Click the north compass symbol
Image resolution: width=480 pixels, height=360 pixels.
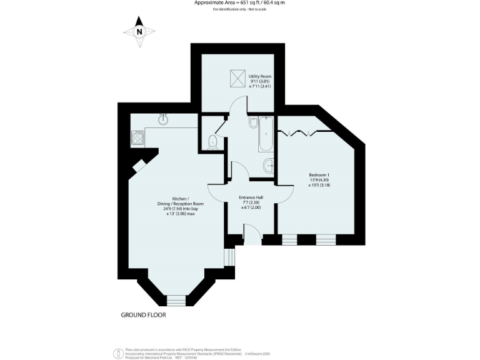(140, 31)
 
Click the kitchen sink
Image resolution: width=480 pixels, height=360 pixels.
(164, 118)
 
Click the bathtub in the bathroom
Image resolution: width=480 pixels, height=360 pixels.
(265, 135)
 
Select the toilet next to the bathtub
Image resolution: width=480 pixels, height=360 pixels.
(253, 124)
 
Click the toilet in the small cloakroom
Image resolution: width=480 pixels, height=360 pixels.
(212, 141)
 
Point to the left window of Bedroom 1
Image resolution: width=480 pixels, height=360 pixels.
(289, 239)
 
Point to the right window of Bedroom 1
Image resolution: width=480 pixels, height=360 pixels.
(325, 239)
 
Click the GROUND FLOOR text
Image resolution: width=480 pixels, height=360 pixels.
(143, 315)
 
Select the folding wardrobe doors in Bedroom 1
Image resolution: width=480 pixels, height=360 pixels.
(302, 131)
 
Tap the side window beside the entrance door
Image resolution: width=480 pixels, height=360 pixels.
(229, 257)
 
